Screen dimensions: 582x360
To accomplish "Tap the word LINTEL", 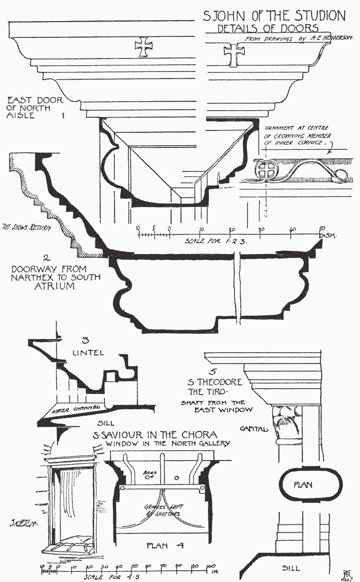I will (88, 353).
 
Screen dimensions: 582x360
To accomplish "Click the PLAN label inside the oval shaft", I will (302, 485).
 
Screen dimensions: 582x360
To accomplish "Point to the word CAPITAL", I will (253, 429).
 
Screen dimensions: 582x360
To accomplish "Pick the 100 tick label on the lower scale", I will (209, 565).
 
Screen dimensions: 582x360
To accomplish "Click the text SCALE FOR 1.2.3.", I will (216, 241).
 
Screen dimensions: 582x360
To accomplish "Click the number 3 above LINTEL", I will (86, 340).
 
